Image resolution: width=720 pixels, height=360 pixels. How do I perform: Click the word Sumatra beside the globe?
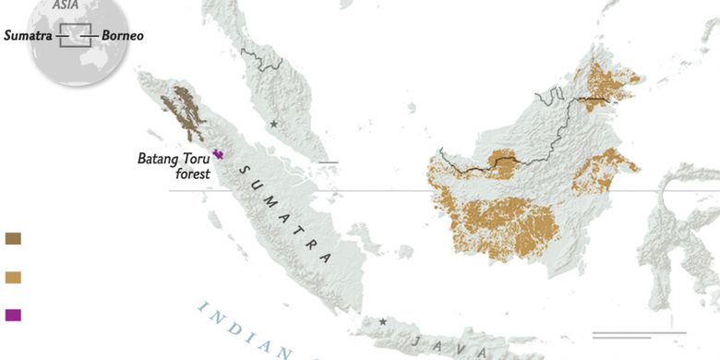(28, 36)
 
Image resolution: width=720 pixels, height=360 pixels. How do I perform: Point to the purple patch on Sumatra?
(219, 154)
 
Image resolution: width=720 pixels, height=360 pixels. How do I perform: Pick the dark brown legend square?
(13, 238)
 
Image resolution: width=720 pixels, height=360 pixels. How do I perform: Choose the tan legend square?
(13, 276)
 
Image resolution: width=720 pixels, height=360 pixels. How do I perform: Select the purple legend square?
(13, 315)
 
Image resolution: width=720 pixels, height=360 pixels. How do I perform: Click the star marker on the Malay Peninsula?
(273, 123)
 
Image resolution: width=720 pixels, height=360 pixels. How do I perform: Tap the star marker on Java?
(383, 322)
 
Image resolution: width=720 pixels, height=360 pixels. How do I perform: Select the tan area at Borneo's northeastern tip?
(605, 83)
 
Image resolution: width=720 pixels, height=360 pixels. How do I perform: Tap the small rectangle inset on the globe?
(74, 35)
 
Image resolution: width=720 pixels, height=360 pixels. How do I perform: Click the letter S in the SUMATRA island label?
(243, 172)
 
